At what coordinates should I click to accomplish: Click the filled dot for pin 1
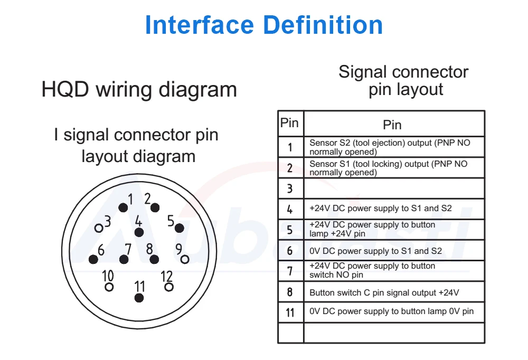[x=123, y=207]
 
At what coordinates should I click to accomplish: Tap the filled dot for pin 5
[x=179, y=228]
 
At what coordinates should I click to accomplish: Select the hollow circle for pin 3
[x=99, y=228]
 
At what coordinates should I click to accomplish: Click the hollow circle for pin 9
[x=185, y=259]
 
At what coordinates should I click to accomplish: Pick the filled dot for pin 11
[x=139, y=298]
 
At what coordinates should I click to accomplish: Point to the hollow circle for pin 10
[x=109, y=287]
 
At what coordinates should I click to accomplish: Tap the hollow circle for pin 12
[x=169, y=287]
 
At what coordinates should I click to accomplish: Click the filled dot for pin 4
[x=139, y=232]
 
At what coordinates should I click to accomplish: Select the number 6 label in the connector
[x=100, y=249]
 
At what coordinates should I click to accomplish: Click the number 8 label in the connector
[x=150, y=248]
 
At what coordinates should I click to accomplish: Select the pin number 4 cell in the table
[x=290, y=209]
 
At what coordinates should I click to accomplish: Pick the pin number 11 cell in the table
[x=290, y=312]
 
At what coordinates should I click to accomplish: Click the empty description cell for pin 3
[x=394, y=188]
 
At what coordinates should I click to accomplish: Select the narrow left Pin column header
[x=289, y=123]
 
